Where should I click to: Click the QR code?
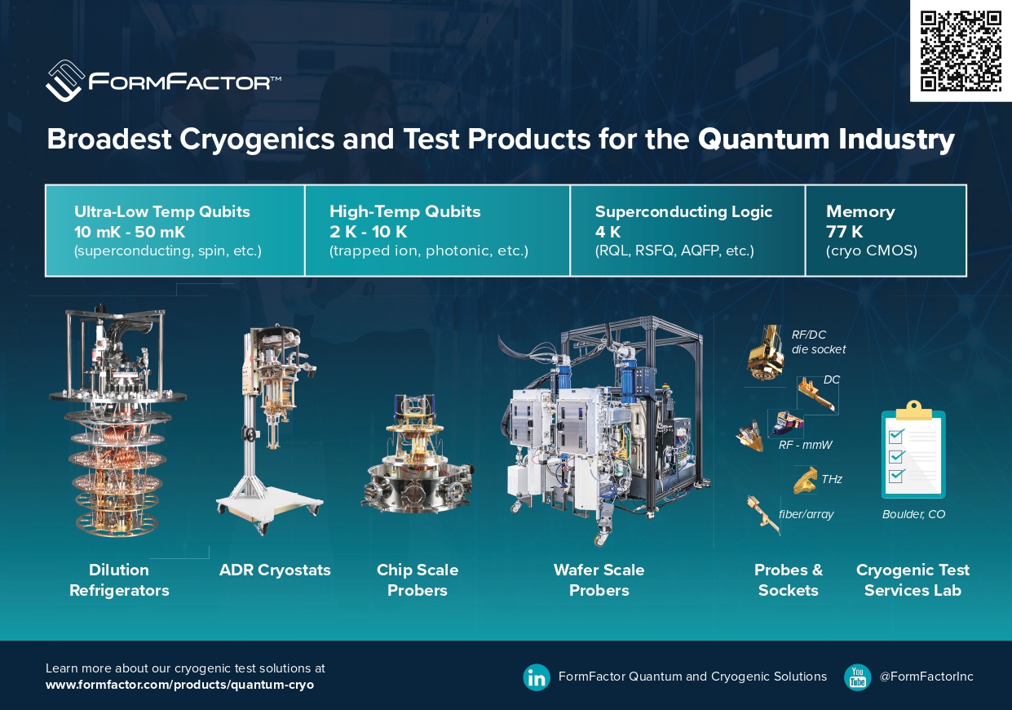961,51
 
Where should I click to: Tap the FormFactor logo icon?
65,80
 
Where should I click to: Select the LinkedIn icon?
537,677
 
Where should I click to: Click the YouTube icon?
857,677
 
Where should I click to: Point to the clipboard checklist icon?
913,450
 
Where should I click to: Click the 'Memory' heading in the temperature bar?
860,211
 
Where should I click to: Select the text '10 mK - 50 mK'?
130,232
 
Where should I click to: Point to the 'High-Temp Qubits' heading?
404,211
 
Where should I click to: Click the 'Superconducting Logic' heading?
683,211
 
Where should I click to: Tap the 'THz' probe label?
832,479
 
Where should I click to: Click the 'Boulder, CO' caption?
913,514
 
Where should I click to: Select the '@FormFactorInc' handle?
926,677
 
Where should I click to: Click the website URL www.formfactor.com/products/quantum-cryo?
179,685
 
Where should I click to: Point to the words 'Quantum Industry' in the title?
826,140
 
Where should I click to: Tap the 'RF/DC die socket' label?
818,341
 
